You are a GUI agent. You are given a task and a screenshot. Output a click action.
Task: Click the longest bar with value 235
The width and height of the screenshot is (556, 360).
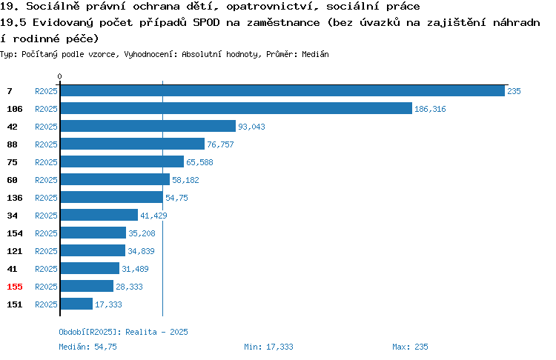tap(282, 90)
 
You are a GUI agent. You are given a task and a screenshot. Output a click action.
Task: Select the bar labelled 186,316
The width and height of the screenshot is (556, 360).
tap(236, 108)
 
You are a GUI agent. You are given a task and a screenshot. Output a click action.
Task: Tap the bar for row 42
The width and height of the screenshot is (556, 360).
tap(148, 126)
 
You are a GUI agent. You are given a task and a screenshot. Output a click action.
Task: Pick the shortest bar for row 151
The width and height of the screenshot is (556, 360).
tap(76, 304)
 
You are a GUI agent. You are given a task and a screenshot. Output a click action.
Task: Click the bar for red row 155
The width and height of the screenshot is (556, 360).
tap(87, 287)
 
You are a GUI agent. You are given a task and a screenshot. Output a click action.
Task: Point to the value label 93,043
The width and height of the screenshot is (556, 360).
tap(251, 127)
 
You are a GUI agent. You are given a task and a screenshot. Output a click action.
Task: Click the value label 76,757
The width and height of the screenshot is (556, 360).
tap(220, 144)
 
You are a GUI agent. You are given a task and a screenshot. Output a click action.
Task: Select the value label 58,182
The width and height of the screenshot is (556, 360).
tap(185, 180)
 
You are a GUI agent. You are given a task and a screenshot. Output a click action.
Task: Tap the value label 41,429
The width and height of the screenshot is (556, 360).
tap(153, 216)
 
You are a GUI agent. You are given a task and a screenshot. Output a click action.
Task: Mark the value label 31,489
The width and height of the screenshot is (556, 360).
tap(135, 269)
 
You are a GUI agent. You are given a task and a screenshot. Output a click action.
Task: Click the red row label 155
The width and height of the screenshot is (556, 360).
tap(15, 287)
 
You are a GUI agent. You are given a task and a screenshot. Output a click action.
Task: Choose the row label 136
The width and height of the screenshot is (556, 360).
tap(15, 198)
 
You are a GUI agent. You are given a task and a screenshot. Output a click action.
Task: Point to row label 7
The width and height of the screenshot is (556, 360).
tap(10, 91)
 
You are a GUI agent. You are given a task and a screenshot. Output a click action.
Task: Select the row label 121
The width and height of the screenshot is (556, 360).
tap(15, 251)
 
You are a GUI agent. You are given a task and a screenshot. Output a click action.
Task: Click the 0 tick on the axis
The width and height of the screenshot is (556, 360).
tap(59, 76)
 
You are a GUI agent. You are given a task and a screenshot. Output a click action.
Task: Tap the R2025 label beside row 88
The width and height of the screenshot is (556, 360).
tap(46, 144)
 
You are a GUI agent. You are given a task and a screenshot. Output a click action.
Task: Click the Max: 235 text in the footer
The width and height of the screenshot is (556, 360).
tap(410, 347)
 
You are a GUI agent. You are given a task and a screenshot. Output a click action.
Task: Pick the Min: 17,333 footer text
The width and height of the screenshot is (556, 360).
tap(268, 347)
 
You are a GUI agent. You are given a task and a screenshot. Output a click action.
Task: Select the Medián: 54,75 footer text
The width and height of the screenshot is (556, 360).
tap(87, 347)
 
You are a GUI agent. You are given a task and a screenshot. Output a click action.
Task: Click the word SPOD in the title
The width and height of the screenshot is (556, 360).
tap(206, 23)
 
